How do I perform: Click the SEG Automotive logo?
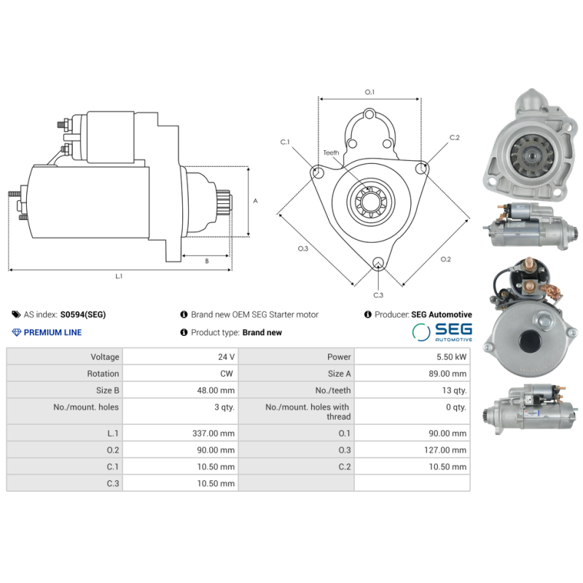coord(442,332)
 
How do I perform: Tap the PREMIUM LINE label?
coord(52,332)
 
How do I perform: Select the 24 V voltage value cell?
coord(226,357)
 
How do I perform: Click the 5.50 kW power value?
coord(451,357)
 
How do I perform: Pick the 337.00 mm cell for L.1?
coord(214,433)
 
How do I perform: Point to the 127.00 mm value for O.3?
coord(445,450)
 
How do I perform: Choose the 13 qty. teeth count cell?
coord(454,391)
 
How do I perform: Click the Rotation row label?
coord(103,374)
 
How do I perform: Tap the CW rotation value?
coord(227,374)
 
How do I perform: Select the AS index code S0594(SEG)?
coord(83,315)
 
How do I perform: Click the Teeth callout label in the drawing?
coord(331,153)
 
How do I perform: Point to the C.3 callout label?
coord(378,295)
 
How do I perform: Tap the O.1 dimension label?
coord(369,92)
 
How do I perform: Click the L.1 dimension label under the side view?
coord(119,276)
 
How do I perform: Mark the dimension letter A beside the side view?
coord(256,201)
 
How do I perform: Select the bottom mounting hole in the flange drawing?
coord(378,263)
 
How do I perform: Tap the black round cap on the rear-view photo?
coord(531,340)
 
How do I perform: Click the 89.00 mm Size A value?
coord(447,374)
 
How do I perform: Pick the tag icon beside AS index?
coord(16,315)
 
